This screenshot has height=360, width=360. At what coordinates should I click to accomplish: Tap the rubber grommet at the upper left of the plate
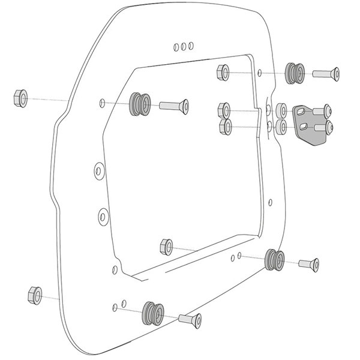pos(139,105)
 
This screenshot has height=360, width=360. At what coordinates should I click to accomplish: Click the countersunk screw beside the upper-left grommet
pos(175,106)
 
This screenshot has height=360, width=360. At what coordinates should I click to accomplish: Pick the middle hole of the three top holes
pos(184,45)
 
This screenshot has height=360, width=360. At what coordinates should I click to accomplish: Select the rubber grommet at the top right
pos(294,73)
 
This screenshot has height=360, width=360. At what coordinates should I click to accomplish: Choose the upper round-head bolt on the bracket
pos(325,111)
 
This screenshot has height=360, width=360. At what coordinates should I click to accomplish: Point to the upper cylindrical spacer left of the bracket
pos(280,110)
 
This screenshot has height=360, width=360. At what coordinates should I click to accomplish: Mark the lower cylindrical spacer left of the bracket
pos(281,127)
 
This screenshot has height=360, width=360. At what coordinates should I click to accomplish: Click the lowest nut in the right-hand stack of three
pos(226,127)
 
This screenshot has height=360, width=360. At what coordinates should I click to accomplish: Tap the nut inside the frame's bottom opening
pos(166,246)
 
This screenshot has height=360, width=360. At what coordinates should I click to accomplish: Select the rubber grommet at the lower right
pos(274,260)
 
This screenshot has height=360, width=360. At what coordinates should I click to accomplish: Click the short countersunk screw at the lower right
pos(308,263)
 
